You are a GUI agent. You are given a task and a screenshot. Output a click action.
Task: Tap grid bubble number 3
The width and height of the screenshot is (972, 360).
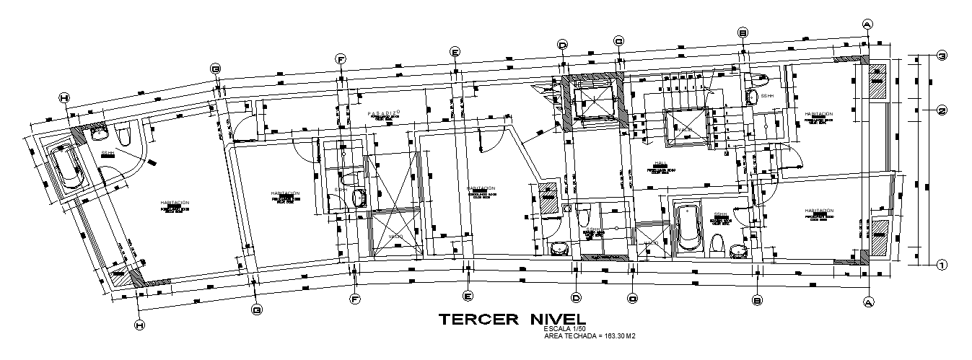[x=942, y=56]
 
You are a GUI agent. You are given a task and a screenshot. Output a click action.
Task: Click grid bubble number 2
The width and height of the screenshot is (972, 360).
[x=942, y=110]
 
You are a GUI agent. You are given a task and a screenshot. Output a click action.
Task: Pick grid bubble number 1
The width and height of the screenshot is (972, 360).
[x=942, y=265]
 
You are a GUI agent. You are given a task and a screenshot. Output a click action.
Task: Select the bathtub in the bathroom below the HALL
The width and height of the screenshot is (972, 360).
[x=688, y=227]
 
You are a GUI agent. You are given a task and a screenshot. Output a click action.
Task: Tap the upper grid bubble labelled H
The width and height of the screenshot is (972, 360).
[x=64, y=98]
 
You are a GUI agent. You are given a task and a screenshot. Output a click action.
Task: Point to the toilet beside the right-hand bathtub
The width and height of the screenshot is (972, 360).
[x=717, y=245]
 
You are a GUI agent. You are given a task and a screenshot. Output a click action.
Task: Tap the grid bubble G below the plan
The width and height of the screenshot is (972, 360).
[x=256, y=310]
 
